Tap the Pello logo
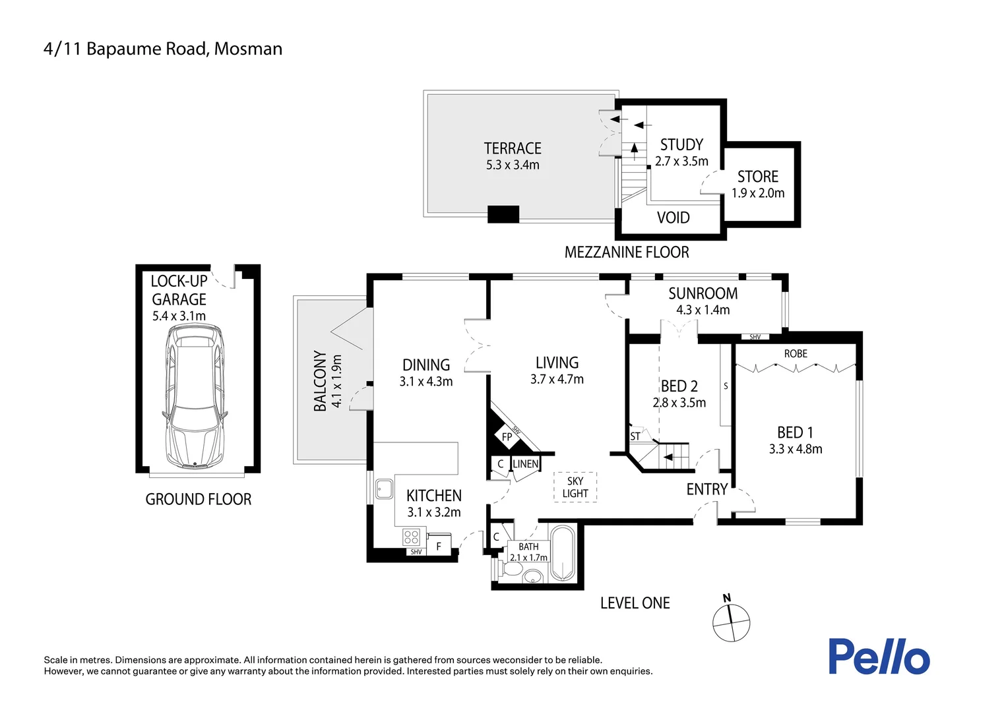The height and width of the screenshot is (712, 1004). tap(879, 657)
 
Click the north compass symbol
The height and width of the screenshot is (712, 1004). tap(731, 620)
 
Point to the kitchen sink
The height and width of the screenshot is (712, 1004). tap(383, 489)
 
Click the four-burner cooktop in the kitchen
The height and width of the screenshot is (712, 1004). tap(412, 537)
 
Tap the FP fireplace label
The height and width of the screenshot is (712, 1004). tap(507, 437)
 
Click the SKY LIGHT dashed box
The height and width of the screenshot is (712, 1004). tap(575, 487)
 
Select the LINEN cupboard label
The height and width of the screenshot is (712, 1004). tap(526, 464)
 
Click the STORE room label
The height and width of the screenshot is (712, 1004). tap(758, 177)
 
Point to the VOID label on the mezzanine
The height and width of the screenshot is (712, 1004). tap(673, 218)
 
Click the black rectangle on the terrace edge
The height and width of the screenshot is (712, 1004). tap(503, 214)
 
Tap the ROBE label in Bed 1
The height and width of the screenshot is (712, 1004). tap(796, 354)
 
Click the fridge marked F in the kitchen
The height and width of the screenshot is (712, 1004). tap(439, 546)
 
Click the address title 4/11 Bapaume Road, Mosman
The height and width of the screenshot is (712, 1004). tap(163, 49)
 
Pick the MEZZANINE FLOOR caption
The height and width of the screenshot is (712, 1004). tap(627, 252)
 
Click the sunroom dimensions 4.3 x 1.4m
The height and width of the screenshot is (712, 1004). tap(703, 310)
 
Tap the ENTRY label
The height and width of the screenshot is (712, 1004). tap(706, 489)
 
